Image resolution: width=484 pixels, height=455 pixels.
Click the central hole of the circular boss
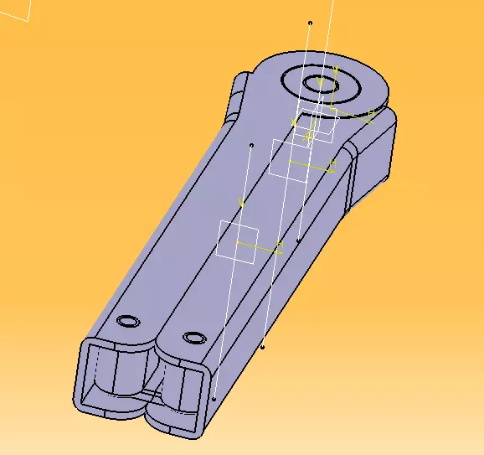pyautogui.click(x=321, y=83)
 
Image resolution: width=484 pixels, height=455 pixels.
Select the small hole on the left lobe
pyautogui.click(x=128, y=322)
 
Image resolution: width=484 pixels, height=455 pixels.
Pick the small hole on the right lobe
pyautogui.click(x=194, y=337)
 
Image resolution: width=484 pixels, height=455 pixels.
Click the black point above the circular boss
pyautogui.click(x=310, y=23)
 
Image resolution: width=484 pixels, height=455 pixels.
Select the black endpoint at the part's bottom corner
pyautogui.click(x=214, y=400)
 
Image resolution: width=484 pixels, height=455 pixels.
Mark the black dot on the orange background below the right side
pyautogui.click(x=263, y=345)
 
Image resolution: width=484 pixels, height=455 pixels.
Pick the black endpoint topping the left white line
pyautogui.click(x=251, y=145)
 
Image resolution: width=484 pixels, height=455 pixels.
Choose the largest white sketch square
pyautogui.click(x=238, y=242)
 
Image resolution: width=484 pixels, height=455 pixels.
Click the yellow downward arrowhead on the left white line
pyautogui.click(x=242, y=203)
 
